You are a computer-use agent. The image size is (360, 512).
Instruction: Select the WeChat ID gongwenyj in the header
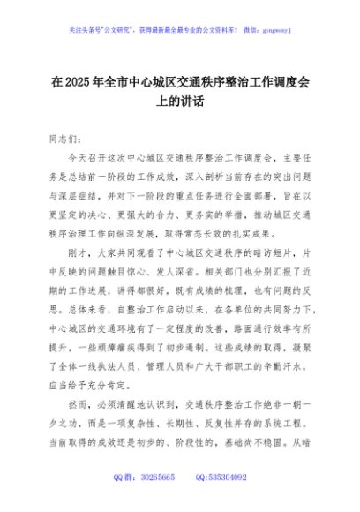coord(274,29)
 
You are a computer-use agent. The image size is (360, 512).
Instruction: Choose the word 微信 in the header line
coord(237,29)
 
